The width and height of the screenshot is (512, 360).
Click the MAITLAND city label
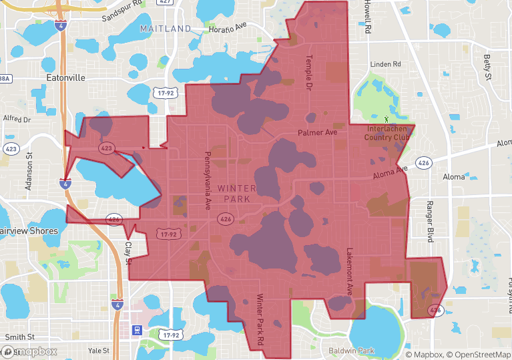165,29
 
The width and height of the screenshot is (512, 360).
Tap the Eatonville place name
66,77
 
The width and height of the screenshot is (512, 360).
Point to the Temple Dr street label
309,73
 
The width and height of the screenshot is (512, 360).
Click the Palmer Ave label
317,133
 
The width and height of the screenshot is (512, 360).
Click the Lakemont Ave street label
349,272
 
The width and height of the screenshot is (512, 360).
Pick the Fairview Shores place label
29,230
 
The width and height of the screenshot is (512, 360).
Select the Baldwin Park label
352,351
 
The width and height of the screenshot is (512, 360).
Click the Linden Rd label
387,64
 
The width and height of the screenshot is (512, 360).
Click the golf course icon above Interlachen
386,119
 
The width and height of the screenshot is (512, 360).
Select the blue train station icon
138,329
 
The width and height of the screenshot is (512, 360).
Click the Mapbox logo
29,351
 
